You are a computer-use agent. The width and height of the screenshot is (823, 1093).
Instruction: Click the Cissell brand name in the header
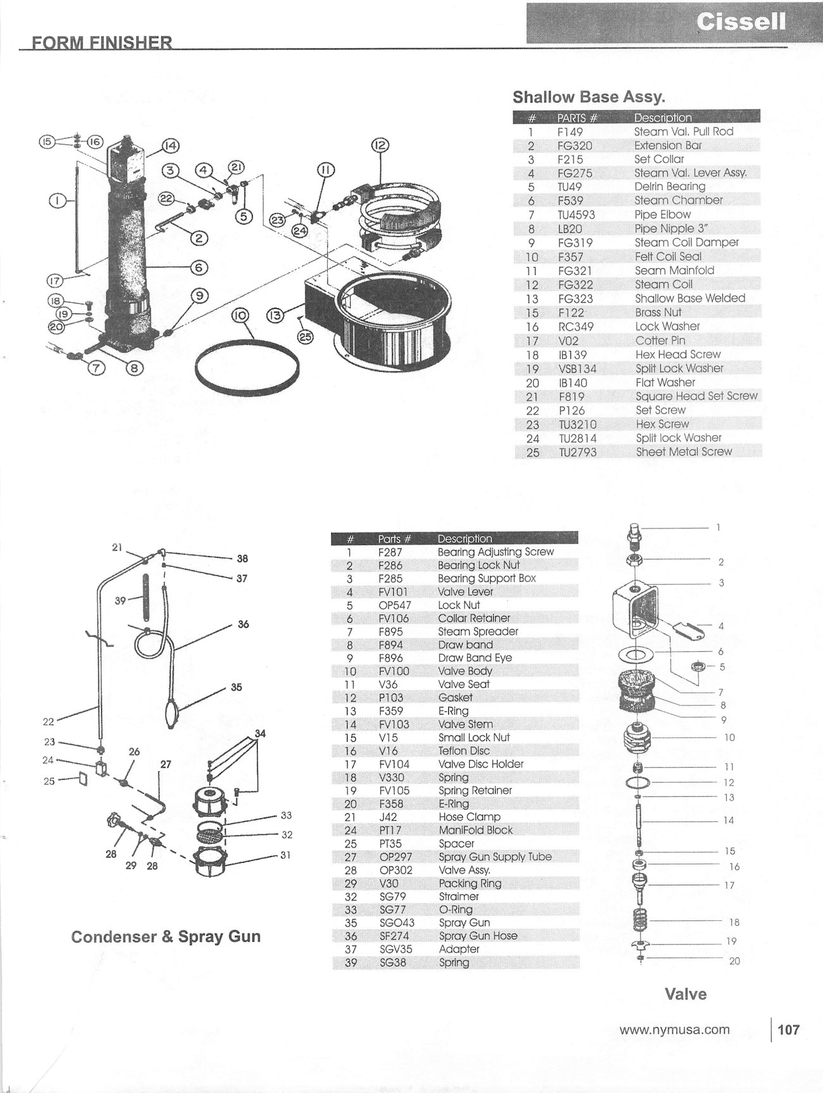pyautogui.click(x=741, y=22)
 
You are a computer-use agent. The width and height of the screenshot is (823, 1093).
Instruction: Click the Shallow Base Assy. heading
pyautogui.click(x=588, y=97)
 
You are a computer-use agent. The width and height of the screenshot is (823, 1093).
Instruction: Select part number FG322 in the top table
pyautogui.click(x=575, y=284)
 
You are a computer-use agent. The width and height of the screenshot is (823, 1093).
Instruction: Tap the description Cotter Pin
pyautogui.click(x=660, y=340)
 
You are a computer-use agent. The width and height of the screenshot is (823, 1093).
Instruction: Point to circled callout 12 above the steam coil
pyautogui.click(x=379, y=146)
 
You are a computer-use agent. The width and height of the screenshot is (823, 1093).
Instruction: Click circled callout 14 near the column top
pyautogui.click(x=170, y=146)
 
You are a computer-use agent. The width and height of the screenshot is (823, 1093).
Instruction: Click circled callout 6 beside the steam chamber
pyautogui.click(x=199, y=268)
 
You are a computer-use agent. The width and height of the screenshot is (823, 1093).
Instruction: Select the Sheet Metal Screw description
pyautogui.click(x=684, y=452)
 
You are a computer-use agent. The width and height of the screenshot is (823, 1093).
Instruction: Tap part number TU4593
pyautogui.click(x=576, y=215)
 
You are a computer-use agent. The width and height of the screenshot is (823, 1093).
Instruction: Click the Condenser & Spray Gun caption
pyautogui.click(x=166, y=937)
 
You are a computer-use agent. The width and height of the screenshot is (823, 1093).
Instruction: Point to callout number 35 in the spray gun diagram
pyautogui.click(x=236, y=687)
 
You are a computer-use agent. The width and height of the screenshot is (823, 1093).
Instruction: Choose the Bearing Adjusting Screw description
pyautogui.click(x=496, y=552)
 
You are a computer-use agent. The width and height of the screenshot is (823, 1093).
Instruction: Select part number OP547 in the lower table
pyautogui.click(x=394, y=605)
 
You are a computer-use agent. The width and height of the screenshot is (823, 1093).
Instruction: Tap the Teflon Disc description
pyautogui.click(x=463, y=751)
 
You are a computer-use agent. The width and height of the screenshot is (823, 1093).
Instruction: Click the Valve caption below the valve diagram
pyautogui.click(x=685, y=994)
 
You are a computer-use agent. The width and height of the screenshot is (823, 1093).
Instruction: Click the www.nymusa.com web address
pyautogui.click(x=674, y=1030)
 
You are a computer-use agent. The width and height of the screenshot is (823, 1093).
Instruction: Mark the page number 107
pyautogui.click(x=788, y=1030)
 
